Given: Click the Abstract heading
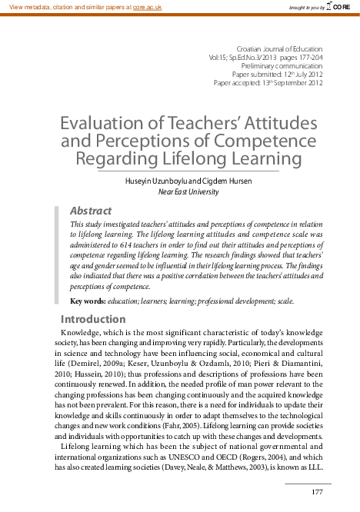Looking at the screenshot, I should point(91,211).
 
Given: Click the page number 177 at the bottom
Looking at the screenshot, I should point(316,492).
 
